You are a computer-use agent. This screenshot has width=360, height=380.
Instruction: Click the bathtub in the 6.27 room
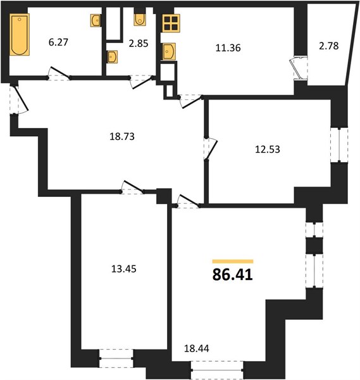pyautogui.click(x=20, y=34)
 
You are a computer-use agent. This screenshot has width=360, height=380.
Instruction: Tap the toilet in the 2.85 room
pyautogui.click(x=140, y=19)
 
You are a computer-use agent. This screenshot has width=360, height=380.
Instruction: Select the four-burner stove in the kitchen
pyautogui.click(x=171, y=23)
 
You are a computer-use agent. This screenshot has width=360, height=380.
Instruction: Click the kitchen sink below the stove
pyautogui.click(x=169, y=51)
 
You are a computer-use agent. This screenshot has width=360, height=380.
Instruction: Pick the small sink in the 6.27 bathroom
pyautogui.click(x=96, y=20)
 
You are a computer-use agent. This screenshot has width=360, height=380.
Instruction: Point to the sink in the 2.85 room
pyautogui.click(x=113, y=57)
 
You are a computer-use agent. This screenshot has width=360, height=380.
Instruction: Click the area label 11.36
pyautogui.click(x=228, y=47)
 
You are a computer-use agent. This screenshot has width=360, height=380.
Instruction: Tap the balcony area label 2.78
pyautogui.click(x=329, y=46)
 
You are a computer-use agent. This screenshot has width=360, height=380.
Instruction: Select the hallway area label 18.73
pyautogui.click(x=122, y=136)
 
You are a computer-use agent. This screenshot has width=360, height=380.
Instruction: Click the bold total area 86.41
pyautogui.click(x=233, y=275)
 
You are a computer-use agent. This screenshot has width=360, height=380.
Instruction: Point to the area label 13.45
pyautogui.click(x=124, y=269)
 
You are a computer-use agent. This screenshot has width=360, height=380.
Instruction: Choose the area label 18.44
pyautogui.click(x=197, y=348)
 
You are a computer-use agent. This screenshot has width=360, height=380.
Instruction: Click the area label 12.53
pyautogui.click(x=268, y=149)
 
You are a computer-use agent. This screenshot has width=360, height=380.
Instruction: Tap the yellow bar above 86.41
pyautogui.click(x=233, y=261)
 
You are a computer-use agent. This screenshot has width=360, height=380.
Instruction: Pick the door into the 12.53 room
pyautogui.click(x=209, y=149)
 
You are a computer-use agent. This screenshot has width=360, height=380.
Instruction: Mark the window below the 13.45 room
pyautogui.click(x=116, y=358)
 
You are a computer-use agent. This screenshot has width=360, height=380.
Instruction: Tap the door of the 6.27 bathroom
pyautogui.click(x=59, y=73)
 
